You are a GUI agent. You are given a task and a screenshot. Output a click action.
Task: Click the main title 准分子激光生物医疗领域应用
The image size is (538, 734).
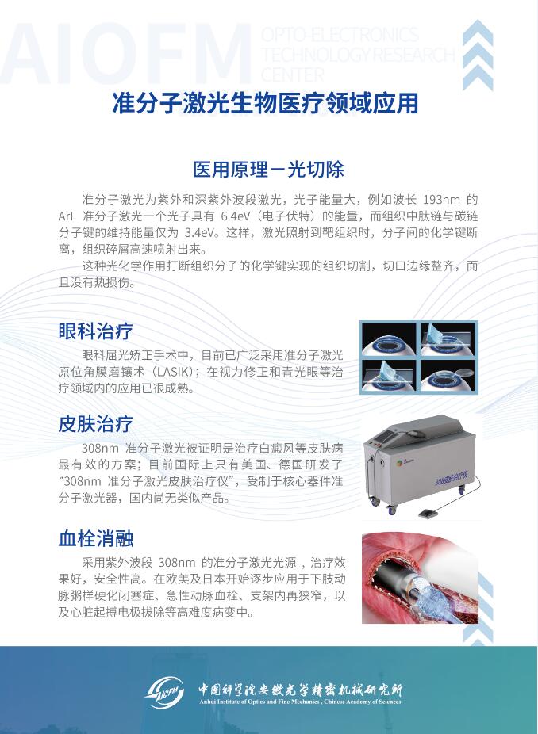tap(265, 103)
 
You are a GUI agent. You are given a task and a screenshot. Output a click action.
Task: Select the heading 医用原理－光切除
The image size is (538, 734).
tap(268, 169)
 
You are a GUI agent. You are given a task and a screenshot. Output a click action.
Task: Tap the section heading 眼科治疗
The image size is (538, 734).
tap(95, 331)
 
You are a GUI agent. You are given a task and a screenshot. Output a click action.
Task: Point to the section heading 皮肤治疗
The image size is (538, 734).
tap(95, 424)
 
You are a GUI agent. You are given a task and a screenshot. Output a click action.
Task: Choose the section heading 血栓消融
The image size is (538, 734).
tap(95, 538)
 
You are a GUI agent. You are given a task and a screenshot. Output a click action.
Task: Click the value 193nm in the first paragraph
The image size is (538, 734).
tap(441, 200)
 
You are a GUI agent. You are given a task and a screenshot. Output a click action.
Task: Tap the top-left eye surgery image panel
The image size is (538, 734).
tap(389, 339)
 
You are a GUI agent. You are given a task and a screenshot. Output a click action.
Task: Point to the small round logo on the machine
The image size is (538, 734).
tap(399, 462)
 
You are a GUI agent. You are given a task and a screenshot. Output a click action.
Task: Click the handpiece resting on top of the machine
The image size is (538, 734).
tap(413, 434)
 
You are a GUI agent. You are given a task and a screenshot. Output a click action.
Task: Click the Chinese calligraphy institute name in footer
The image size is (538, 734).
tap(300, 689)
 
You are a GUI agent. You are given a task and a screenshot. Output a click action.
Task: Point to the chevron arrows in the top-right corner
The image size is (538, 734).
tap(478, 55)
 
